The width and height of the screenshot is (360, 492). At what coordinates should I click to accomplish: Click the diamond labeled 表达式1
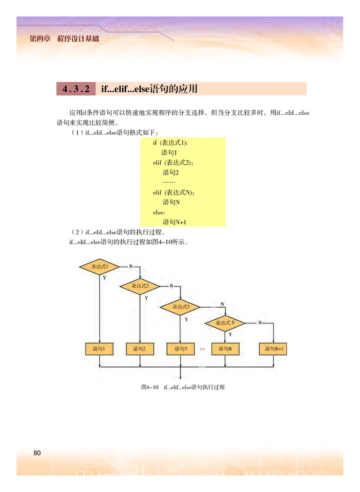99,266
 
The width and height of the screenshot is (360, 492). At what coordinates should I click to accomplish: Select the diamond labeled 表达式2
140,286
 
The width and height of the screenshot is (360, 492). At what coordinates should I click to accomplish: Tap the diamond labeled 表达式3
180,306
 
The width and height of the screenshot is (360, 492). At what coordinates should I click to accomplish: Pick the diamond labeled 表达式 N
225,323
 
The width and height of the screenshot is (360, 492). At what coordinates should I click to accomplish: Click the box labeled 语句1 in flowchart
99,349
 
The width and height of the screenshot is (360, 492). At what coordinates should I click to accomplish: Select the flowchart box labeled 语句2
140,349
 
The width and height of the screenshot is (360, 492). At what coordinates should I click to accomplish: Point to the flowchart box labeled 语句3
180,349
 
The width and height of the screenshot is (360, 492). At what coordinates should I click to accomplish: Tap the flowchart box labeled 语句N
225,349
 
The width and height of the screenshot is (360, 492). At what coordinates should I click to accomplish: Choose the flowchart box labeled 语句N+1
274,349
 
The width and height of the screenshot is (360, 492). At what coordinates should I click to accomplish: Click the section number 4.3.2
76,89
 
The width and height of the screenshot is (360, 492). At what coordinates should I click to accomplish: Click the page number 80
37,453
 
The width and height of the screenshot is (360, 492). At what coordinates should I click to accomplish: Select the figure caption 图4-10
150,387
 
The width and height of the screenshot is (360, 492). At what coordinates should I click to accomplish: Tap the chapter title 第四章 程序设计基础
64,38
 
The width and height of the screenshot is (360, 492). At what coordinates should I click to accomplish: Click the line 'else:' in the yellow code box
159,212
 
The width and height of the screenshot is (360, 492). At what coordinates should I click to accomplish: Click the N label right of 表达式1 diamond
131,266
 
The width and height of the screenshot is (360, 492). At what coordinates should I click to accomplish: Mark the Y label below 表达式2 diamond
146,298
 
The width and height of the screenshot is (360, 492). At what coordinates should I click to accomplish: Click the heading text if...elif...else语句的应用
149,89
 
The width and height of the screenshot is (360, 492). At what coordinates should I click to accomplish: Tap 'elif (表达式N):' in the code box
173,192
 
